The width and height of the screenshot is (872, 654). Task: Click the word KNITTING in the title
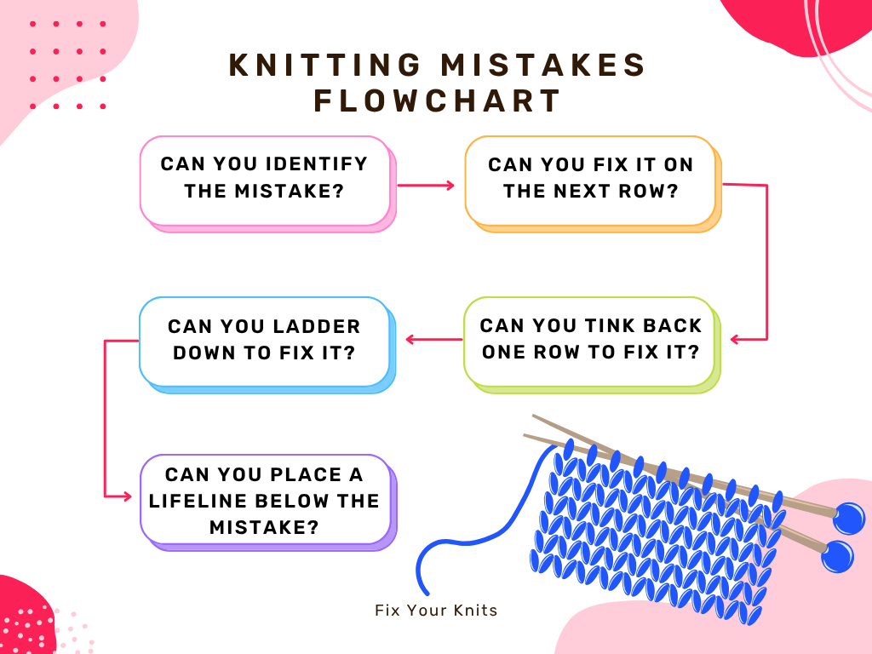click(x=325, y=65)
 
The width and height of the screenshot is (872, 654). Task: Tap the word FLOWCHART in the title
click(x=437, y=101)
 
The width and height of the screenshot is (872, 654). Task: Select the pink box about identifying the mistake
click(x=268, y=184)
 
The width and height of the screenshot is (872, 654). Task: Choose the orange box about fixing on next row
click(x=593, y=184)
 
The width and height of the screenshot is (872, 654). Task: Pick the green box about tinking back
click(x=593, y=345)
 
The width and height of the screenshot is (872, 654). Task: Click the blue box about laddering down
click(x=267, y=345)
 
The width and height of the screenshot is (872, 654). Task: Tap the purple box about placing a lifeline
click(x=268, y=502)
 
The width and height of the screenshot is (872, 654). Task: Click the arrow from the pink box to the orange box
click(x=426, y=185)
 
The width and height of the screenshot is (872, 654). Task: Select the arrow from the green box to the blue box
click(x=433, y=339)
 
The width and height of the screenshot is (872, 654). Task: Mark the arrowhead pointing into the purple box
click(x=127, y=496)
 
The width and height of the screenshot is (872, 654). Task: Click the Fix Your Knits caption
click(x=436, y=610)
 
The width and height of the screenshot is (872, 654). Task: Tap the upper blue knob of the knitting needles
click(x=849, y=519)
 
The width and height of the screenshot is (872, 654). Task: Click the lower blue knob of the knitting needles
click(x=837, y=556)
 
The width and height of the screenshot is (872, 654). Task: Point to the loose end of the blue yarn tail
click(x=427, y=593)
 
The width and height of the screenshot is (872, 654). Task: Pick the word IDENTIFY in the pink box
click(x=317, y=163)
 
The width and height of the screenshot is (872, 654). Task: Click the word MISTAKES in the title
click(x=542, y=65)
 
